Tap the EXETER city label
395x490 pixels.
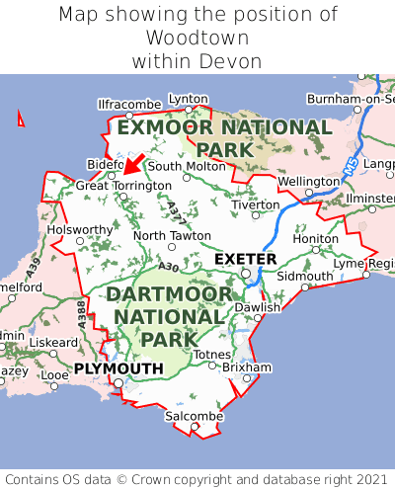[245, 259]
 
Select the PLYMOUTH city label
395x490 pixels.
[118, 368]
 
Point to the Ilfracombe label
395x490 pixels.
[129, 104]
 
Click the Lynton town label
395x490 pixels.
[189, 99]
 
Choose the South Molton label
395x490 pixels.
[187, 166]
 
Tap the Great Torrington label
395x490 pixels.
[123, 185]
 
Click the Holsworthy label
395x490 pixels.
[81, 229]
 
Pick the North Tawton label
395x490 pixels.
[172, 235]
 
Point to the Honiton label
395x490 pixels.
[316, 238]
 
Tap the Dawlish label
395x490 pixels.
[258, 307]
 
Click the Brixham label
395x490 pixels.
[247, 367]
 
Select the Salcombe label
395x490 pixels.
[194, 417]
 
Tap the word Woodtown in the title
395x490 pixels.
[197, 38]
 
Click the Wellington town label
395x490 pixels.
[308, 182]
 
